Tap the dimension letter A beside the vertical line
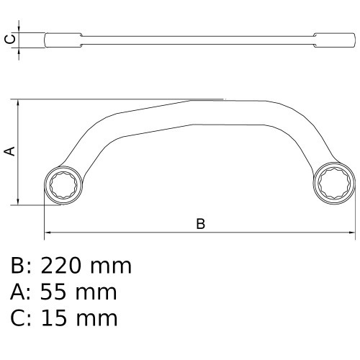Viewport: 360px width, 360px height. pyautogui.click(x=9, y=150)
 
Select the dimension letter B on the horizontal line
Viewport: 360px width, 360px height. pyautogui.click(x=201, y=224)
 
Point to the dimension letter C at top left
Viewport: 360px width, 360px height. pyautogui.click(x=9, y=39)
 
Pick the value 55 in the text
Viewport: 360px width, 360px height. pyautogui.click(x=54, y=292)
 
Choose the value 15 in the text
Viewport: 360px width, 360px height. pyautogui.click(x=55, y=317)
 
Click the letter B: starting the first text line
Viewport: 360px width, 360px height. pyautogui.click(x=19, y=266)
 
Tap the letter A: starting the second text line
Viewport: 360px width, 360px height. pyautogui.click(x=19, y=292)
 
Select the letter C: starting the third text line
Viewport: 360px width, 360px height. pyautogui.click(x=19, y=317)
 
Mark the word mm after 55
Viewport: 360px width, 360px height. pyautogui.click(x=96, y=292)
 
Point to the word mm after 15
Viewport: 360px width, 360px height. pyautogui.click(x=96, y=317)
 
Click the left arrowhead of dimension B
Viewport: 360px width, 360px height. pyautogui.click(x=48, y=233)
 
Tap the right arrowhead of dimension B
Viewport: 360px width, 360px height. pyautogui.click(x=351, y=233)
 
